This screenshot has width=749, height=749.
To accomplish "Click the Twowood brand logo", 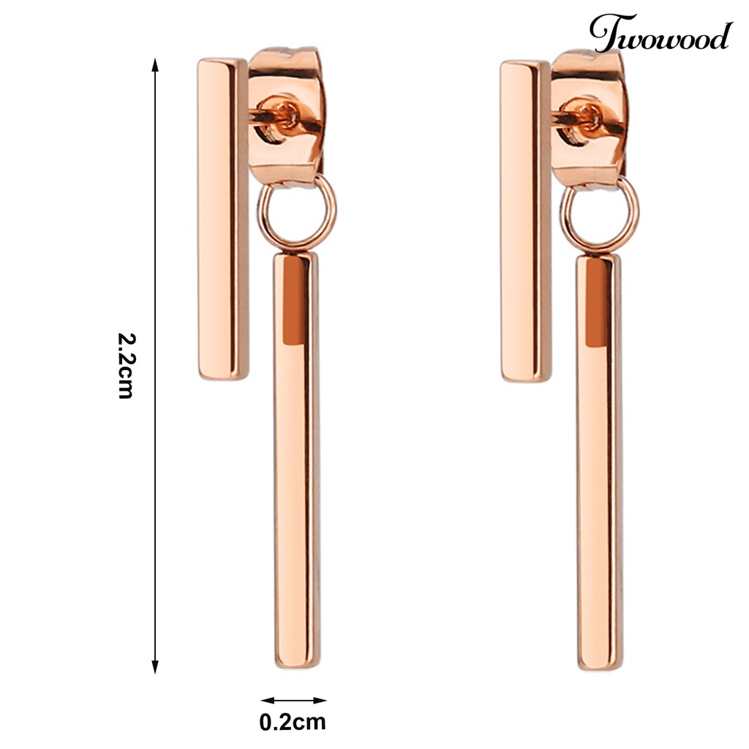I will pyautogui.click(x=660, y=34).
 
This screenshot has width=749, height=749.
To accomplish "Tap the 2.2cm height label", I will pyautogui.click(x=126, y=366).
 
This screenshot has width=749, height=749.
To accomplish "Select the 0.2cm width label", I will pyautogui.click(x=293, y=723).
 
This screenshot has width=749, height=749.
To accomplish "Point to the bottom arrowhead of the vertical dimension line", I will pyautogui.click(x=155, y=667).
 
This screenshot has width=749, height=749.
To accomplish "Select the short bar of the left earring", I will pyautogui.click(x=222, y=219).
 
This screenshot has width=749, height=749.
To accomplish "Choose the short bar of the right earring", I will pyautogui.click(x=525, y=219).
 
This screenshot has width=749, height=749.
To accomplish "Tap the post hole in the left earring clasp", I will pyautogui.click(x=287, y=113).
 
